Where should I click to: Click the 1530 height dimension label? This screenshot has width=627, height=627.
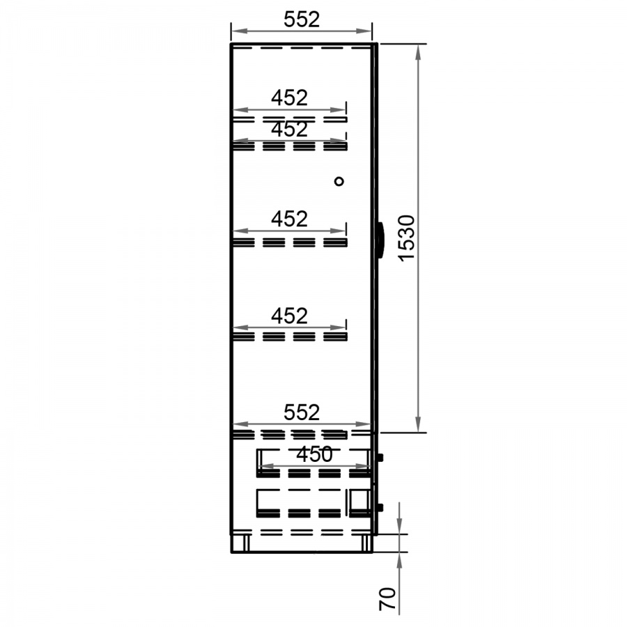coord(408,238)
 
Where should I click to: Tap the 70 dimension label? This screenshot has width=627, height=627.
coord(387,598)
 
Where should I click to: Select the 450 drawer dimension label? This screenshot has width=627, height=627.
coord(315,454)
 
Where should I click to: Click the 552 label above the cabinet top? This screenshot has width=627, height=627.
coord(302,20)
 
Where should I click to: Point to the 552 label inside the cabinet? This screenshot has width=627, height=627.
coord(302,412)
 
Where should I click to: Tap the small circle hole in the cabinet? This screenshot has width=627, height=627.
coord(339,182)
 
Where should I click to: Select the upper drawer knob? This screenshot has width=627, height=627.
coord(380,457)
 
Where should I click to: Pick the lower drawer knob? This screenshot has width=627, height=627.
coord(380,507)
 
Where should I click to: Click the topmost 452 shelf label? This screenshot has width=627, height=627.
coord(290,98)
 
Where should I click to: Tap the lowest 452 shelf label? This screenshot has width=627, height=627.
coord(290,316)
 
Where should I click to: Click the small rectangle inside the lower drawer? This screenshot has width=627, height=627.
coord(359,501)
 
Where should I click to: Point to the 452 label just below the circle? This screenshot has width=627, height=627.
coord(290,219)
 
